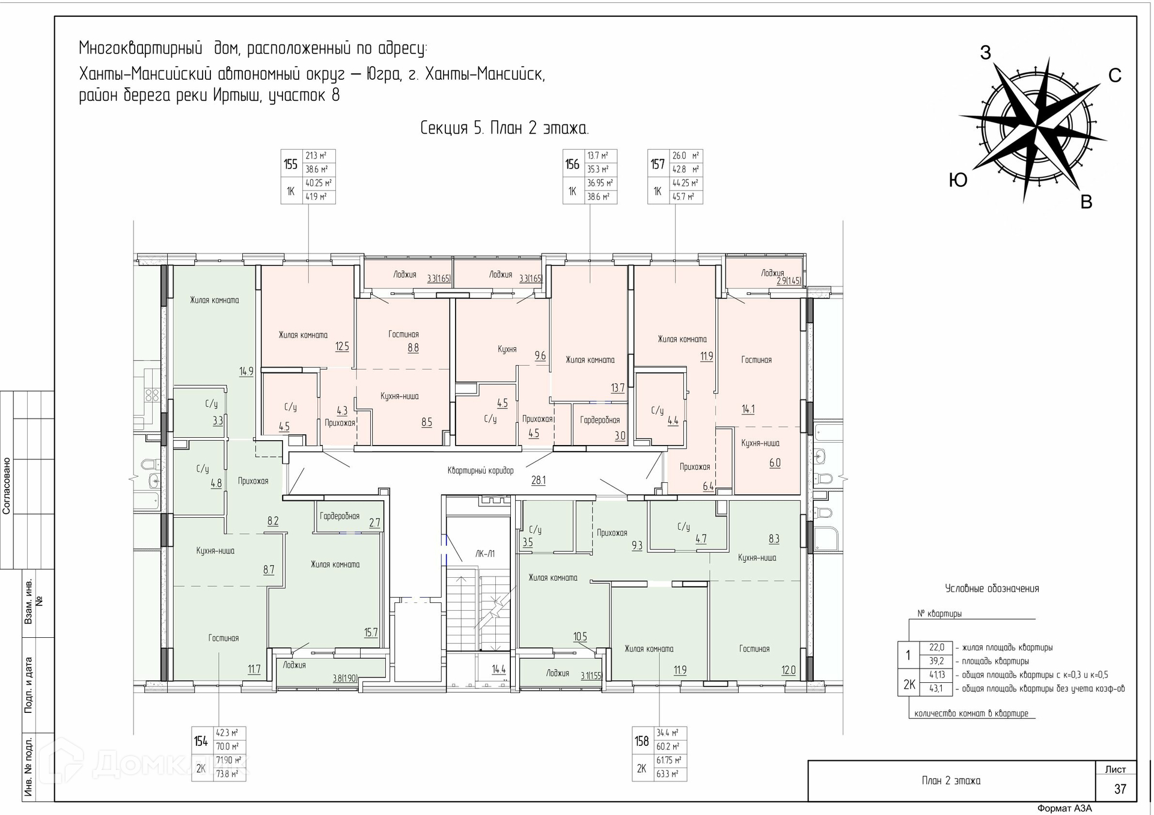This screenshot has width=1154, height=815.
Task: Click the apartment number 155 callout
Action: (291, 164)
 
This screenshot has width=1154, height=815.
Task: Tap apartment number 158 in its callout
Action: (642, 741)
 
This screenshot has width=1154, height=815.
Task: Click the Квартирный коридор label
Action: (481, 471)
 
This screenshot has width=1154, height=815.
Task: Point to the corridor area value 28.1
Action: (539, 480)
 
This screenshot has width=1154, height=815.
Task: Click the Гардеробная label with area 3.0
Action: (600, 420)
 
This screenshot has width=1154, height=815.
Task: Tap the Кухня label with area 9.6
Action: (507, 349)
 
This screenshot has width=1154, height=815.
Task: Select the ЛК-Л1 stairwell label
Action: (485, 554)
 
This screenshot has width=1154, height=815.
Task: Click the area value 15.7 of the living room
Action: (371, 632)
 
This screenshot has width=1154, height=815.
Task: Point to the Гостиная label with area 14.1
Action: (756, 360)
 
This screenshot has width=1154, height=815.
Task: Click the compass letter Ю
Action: (958, 180)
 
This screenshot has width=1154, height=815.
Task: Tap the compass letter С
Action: (1115, 76)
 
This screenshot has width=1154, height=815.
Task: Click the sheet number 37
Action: (1120, 789)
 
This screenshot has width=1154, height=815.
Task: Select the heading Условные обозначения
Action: (992, 589)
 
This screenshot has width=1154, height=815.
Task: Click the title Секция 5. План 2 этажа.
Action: (504, 129)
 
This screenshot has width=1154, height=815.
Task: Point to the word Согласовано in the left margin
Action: (7, 486)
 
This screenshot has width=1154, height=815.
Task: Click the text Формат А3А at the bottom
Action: (1064, 808)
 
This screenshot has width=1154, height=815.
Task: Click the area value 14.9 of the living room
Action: (246, 372)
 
